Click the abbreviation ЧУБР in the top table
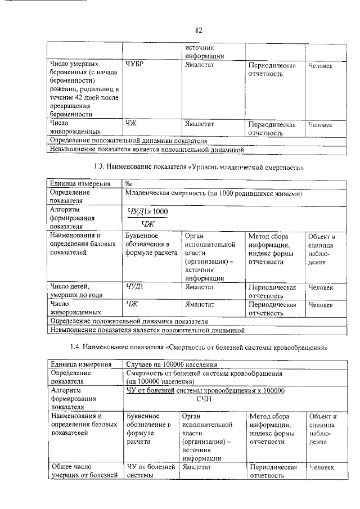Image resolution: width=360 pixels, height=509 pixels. (x=136, y=66)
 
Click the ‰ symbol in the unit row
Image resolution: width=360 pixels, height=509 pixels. (x=129, y=184)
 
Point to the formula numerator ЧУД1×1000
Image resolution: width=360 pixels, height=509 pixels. (x=148, y=210)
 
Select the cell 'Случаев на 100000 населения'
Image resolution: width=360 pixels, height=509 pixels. (x=172, y=364)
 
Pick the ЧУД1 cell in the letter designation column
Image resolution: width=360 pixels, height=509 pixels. (x=135, y=287)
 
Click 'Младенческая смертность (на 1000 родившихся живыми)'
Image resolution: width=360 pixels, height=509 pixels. (x=215, y=193)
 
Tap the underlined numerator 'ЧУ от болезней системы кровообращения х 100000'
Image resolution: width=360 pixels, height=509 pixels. (x=205, y=390)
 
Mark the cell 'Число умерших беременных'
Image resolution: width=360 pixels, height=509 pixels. (x=83, y=90)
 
